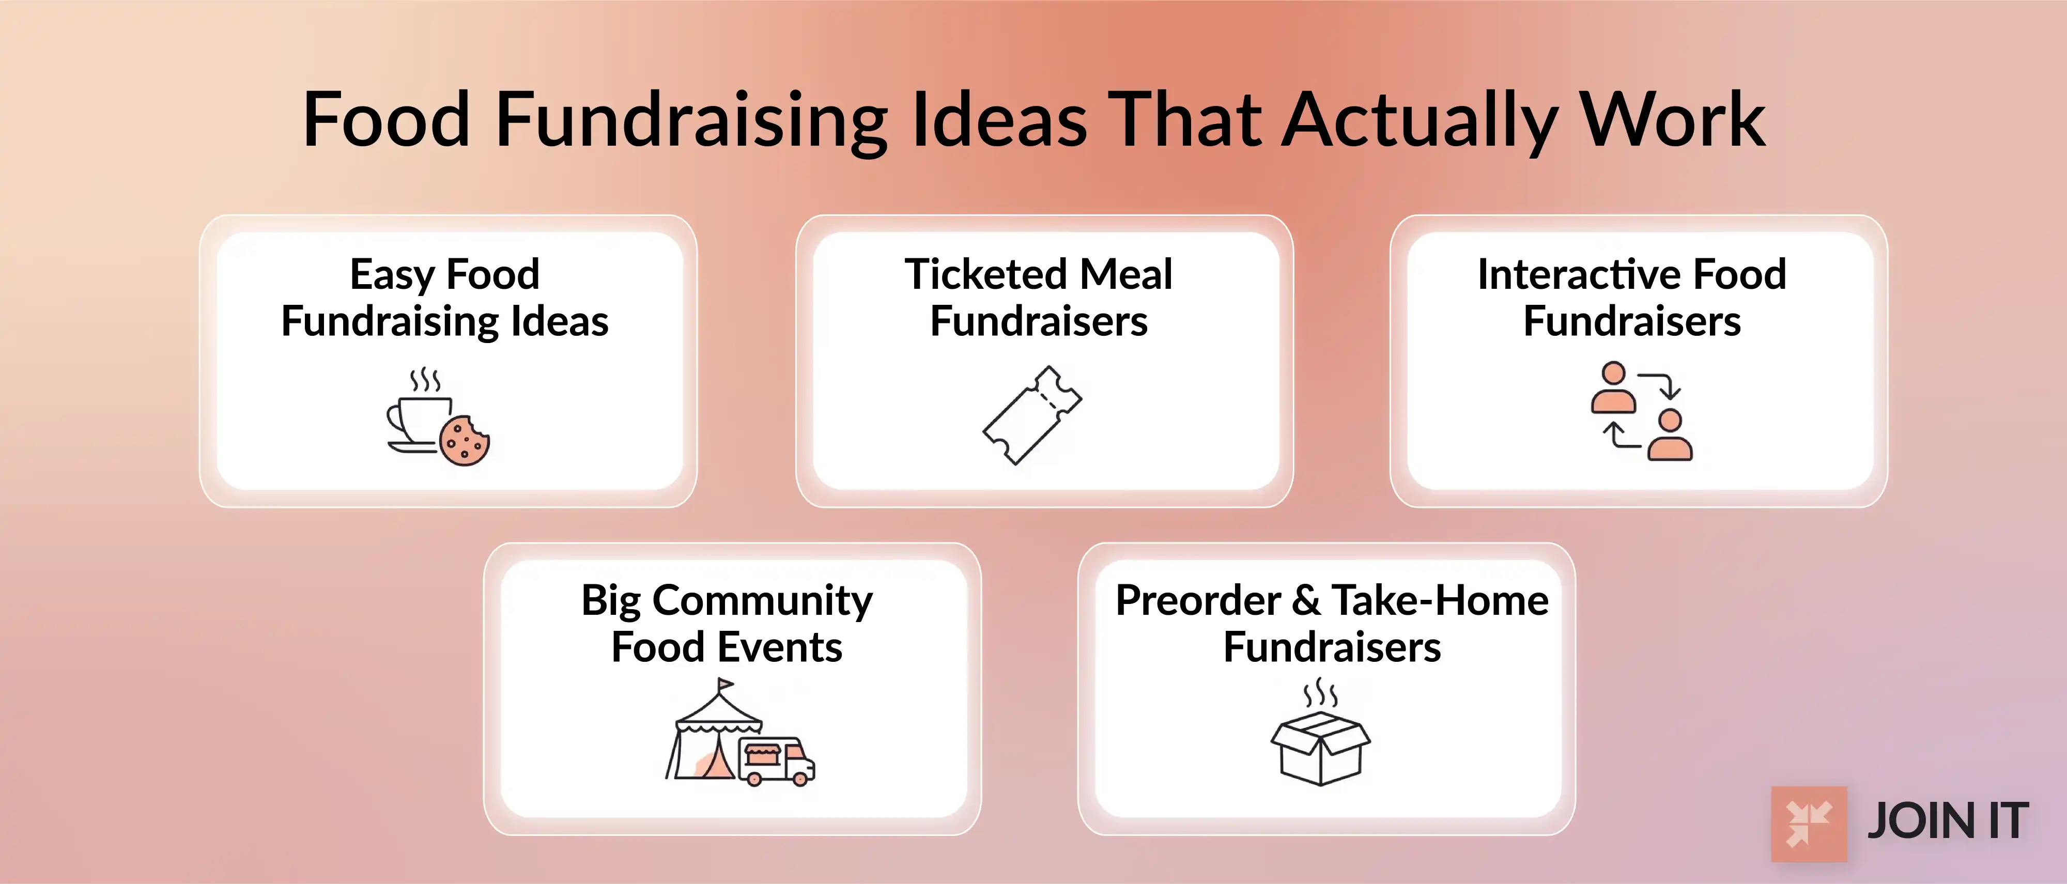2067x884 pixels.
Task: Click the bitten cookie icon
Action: click(465, 440)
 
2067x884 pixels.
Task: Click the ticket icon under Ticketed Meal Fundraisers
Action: click(1032, 415)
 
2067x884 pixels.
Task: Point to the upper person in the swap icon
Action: click(1614, 387)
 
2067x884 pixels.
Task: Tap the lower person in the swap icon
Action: click(1670, 436)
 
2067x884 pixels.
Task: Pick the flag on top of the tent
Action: click(724, 686)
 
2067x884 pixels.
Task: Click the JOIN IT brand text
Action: click(1948, 822)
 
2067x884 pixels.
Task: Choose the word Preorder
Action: click(1198, 601)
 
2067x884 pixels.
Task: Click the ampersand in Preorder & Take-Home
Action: click(1306, 601)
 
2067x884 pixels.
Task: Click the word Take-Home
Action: click(1440, 601)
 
